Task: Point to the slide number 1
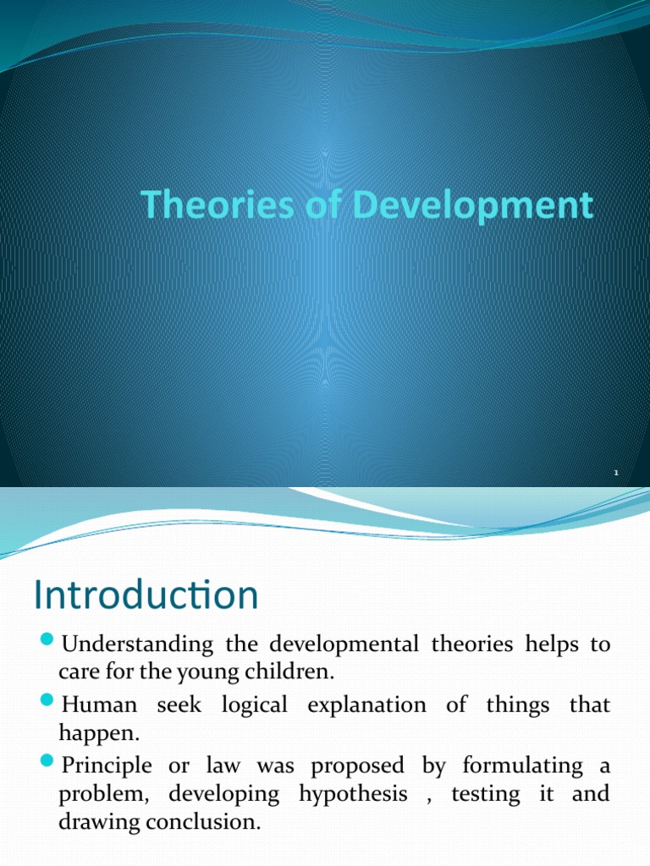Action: (x=617, y=474)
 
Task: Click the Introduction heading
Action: (x=146, y=595)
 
